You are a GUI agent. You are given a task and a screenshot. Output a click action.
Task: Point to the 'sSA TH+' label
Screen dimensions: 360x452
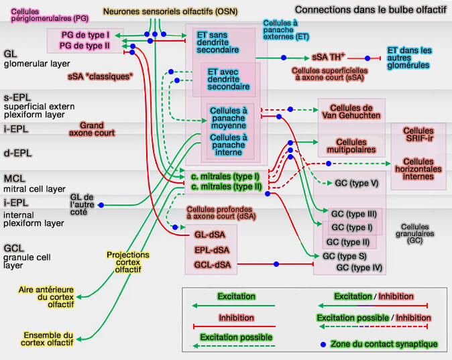click(x=328, y=58)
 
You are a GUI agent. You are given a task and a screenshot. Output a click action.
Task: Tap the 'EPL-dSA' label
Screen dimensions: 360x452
click(x=212, y=250)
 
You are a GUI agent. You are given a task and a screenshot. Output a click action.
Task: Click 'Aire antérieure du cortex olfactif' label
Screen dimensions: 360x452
click(x=47, y=297)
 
